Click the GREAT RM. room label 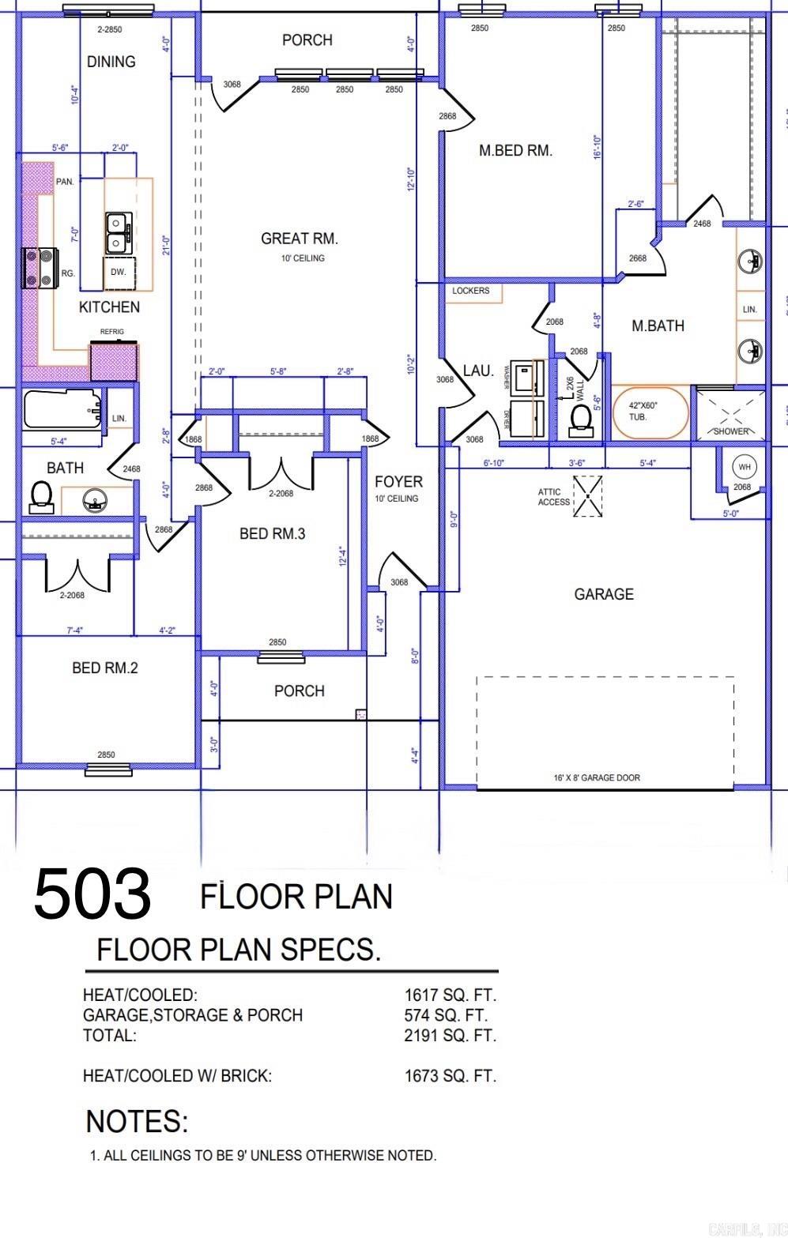(x=300, y=239)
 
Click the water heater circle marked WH (x=744, y=467)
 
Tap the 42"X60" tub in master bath (x=652, y=411)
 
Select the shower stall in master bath (x=730, y=412)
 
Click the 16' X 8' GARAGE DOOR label (x=597, y=777)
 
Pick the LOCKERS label (x=471, y=291)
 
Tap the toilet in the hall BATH (x=40, y=495)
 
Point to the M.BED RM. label (x=515, y=150)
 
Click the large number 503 (x=92, y=894)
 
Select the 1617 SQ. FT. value (x=451, y=995)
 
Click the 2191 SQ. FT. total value (x=451, y=1035)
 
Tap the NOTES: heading (x=137, y=1121)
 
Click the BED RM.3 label (x=272, y=534)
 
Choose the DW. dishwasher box (x=118, y=273)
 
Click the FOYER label (x=398, y=481)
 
